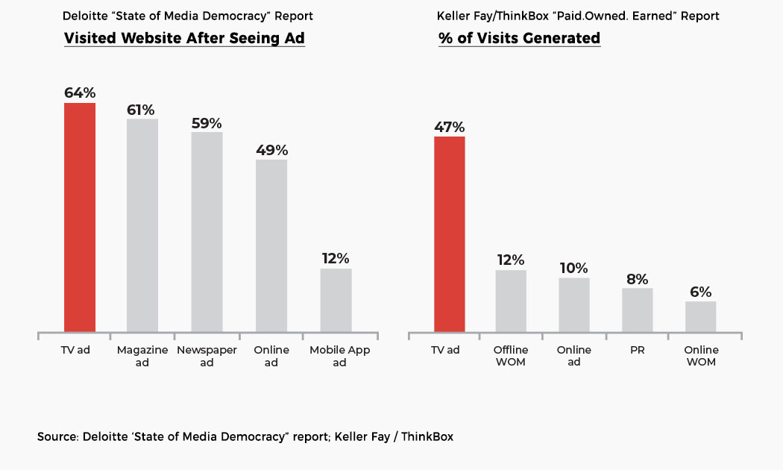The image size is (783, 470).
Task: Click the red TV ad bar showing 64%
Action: [x=80, y=217]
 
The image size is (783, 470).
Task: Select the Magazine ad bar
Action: [x=142, y=225]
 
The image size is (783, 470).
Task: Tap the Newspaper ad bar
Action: [x=207, y=232]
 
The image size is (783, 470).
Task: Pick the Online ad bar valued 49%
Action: [x=271, y=245]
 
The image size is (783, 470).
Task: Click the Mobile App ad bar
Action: [x=336, y=300]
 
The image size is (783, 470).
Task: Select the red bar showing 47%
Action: [x=450, y=234]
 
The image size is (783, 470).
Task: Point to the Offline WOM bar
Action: [x=511, y=301]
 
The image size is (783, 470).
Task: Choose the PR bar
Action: [x=638, y=310]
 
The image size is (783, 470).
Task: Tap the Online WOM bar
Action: [x=700, y=316]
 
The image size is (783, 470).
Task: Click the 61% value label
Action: [x=142, y=109]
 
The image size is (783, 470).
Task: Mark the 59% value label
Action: [x=207, y=123]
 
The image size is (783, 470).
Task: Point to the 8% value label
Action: [x=638, y=278]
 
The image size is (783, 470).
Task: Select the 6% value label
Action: [x=700, y=292]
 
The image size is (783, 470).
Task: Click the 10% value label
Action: [x=573, y=269]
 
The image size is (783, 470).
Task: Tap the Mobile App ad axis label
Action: [x=339, y=356]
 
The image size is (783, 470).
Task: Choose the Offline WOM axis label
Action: [x=511, y=356]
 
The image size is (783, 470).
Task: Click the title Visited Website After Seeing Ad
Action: [x=184, y=39]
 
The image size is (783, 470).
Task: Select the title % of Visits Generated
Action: [x=519, y=39]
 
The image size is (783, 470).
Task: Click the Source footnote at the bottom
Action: [x=245, y=436]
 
